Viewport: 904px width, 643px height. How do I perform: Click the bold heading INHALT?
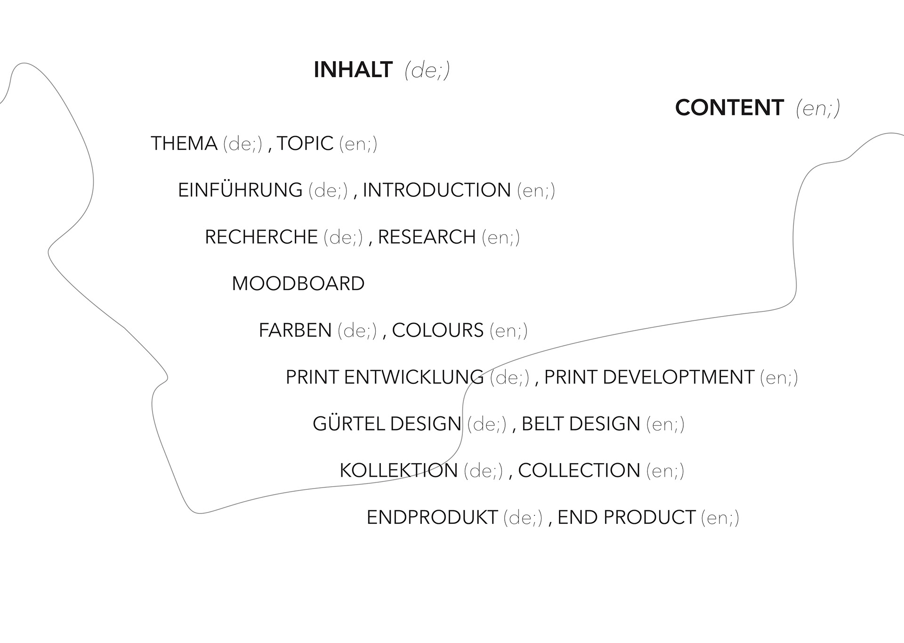click(x=353, y=70)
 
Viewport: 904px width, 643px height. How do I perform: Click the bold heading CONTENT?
click(x=729, y=108)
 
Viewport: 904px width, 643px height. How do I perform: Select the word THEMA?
click(x=184, y=144)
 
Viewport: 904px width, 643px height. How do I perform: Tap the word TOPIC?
click(x=305, y=144)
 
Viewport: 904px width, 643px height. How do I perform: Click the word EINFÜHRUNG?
click(x=240, y=190)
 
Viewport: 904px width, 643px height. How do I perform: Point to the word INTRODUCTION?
click(x=436, y=190)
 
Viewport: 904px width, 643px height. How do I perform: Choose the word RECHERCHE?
click(x=261, y=237)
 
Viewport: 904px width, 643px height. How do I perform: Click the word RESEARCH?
click(x=427, y=237)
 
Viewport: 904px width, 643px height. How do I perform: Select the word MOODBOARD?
click(x=298, y=284)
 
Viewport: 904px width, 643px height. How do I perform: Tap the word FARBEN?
click(x=295, y=330)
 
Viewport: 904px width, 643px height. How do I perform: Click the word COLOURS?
click(x=437, y=330)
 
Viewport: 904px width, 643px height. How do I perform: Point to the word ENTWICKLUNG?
click(x=414, y=377)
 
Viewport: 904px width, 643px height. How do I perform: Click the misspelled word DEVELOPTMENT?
click(x=678, y=377)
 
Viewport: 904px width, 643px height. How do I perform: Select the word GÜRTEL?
click(x=348, y=424)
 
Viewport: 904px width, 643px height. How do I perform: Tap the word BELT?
click(x=541, y=424)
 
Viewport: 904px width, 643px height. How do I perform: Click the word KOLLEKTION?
click(x=398, y=471)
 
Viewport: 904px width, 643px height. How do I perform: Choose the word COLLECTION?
click(x=579, y=471)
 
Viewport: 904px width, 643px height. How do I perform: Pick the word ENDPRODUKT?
click(x=432, y=517)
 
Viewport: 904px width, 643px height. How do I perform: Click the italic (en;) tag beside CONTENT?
click(x=818, y=108)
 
